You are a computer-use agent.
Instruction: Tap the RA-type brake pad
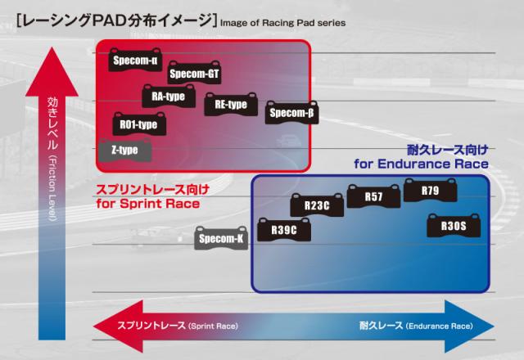(x=168, y=97)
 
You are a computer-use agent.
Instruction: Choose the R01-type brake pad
(x=138, y=124)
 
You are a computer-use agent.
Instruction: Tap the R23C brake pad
(x=315, y=205)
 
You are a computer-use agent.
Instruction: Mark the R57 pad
(x=373, y=196)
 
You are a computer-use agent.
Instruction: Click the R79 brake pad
(x=430, y=191)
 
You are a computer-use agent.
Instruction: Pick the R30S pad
(x=452, y=225)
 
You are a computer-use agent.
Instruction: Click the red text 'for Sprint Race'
(x=147, y=202)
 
